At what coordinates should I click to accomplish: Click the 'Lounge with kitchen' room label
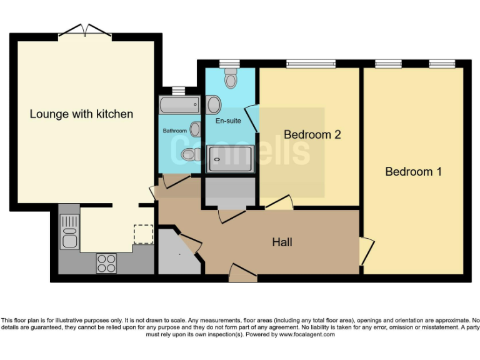[x=81, y=114]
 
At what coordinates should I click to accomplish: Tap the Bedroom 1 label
[x=413, y=171]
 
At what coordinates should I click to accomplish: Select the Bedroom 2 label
[x=312, y=135]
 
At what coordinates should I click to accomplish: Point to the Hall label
[x=282, y=242]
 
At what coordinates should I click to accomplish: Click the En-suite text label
[x=228, y=121]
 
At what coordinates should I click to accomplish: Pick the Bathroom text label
[x=175, y=131]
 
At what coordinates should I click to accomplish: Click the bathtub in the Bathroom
[x=180, y=105]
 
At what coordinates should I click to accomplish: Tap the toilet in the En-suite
[x=231, y=78]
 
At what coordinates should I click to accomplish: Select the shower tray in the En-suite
[x=230, y=159]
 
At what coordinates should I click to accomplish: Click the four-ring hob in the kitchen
[x=106, y=263]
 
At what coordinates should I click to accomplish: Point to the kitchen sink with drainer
[x=70, y=231]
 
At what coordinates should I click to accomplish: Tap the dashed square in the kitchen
[x=143, y=234]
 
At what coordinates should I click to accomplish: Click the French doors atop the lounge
[x=85, y=31]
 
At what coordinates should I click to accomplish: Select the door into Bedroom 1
[x=367, y=251]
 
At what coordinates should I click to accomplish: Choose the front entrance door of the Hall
[x=242, y=272]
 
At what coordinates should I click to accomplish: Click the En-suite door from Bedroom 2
[x=252, y=119]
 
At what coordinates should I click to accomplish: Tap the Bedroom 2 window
[x=311, y=64]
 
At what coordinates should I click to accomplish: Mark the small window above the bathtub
[x=179, y=91]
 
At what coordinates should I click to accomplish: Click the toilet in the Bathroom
[x=191, y=154]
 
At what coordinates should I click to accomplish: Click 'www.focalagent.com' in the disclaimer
[x=307, y=334]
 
